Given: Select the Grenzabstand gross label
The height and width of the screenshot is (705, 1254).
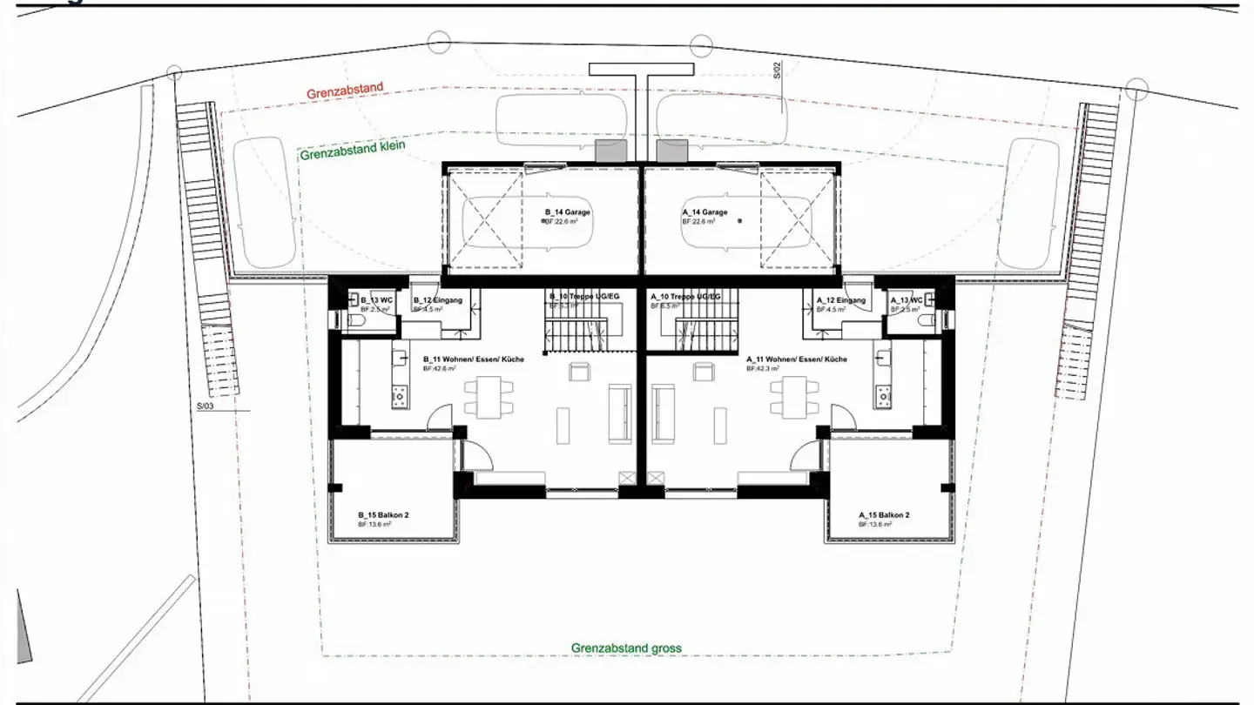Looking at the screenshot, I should [626, 648].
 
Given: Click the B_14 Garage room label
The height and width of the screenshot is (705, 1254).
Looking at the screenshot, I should [568, 212].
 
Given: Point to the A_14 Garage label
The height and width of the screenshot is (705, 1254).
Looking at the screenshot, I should [704, 212].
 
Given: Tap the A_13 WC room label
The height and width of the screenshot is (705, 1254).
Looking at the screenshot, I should [907, 300].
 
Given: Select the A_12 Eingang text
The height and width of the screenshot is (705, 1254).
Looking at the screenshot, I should [841, 300].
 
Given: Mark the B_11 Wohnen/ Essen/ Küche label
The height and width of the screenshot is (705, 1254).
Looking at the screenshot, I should [473, 359].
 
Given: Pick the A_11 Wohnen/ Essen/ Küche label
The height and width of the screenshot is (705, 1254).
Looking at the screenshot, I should [797, 359].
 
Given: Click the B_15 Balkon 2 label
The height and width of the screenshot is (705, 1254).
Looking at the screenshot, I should [383, 514].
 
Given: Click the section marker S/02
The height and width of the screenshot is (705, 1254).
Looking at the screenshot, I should [778, 70].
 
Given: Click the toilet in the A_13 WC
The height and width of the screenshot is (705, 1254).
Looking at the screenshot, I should [926, 320].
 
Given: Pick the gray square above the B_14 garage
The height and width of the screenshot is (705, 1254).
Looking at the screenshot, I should [609, 151].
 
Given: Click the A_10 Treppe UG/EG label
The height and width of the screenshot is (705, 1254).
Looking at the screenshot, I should [685, 297].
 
